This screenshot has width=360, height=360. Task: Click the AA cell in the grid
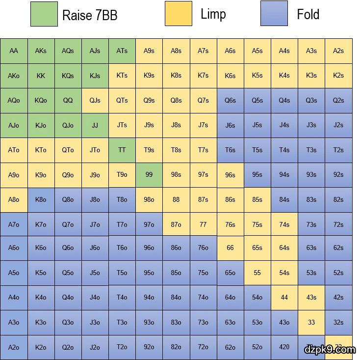click(14, 51)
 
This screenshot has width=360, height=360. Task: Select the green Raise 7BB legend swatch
click(44, 14)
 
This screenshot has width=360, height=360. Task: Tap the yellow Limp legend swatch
click(178, 14)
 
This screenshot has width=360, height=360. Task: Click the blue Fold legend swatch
click(274, 14)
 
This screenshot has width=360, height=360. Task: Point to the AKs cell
click(41, 51)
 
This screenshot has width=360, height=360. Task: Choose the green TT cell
click(122, 150)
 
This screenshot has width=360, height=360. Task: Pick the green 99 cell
click(149, 174)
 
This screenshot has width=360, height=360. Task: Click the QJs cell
click(95, 100)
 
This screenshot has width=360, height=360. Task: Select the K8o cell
click(41, 199)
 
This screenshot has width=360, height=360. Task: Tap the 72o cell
click(203, 347)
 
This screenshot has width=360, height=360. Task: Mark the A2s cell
click(338, 51)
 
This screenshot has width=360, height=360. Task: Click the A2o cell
click(14, 347)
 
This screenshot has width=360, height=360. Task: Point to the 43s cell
click(311, 298)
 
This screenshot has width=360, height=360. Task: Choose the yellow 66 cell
click(230, 249)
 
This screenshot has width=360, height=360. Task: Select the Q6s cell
click(230, 100)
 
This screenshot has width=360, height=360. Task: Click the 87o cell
click(176, 224)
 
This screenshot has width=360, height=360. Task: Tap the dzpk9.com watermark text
click(330, 350)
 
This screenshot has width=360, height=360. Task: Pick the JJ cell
click(95, 125)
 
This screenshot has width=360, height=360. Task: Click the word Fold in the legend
click(308, 14)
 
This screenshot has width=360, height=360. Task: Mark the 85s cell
click(257, 199)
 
